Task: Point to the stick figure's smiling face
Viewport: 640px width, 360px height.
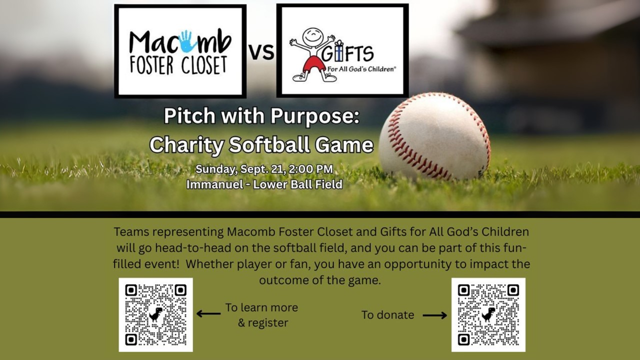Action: tap(313, 37)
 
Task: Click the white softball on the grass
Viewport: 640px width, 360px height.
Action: tap(434, 136)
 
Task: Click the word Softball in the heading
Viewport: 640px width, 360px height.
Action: tap(269, 144)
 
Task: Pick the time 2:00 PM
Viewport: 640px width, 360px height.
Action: tap(311, 169)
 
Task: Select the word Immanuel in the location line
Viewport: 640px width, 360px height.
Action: tap(215, 184)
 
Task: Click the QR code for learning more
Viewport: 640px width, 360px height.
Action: tap(155, 314)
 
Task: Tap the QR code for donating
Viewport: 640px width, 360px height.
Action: tap(488, 314)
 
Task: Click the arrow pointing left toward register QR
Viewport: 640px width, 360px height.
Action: tap(208, 313)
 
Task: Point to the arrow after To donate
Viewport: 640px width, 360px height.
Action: tap(435, 315)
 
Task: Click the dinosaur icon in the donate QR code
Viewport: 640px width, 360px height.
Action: tap(488, 314)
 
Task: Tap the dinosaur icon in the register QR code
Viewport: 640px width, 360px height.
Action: tap(155, 314)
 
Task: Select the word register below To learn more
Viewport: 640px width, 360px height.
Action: tap(268, 323)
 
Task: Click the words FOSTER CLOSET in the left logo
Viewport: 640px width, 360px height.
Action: tap(178, 65)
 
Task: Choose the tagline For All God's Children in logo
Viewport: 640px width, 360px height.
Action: tap(361, 69)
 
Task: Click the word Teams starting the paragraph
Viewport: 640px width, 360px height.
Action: tap(131, 231)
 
